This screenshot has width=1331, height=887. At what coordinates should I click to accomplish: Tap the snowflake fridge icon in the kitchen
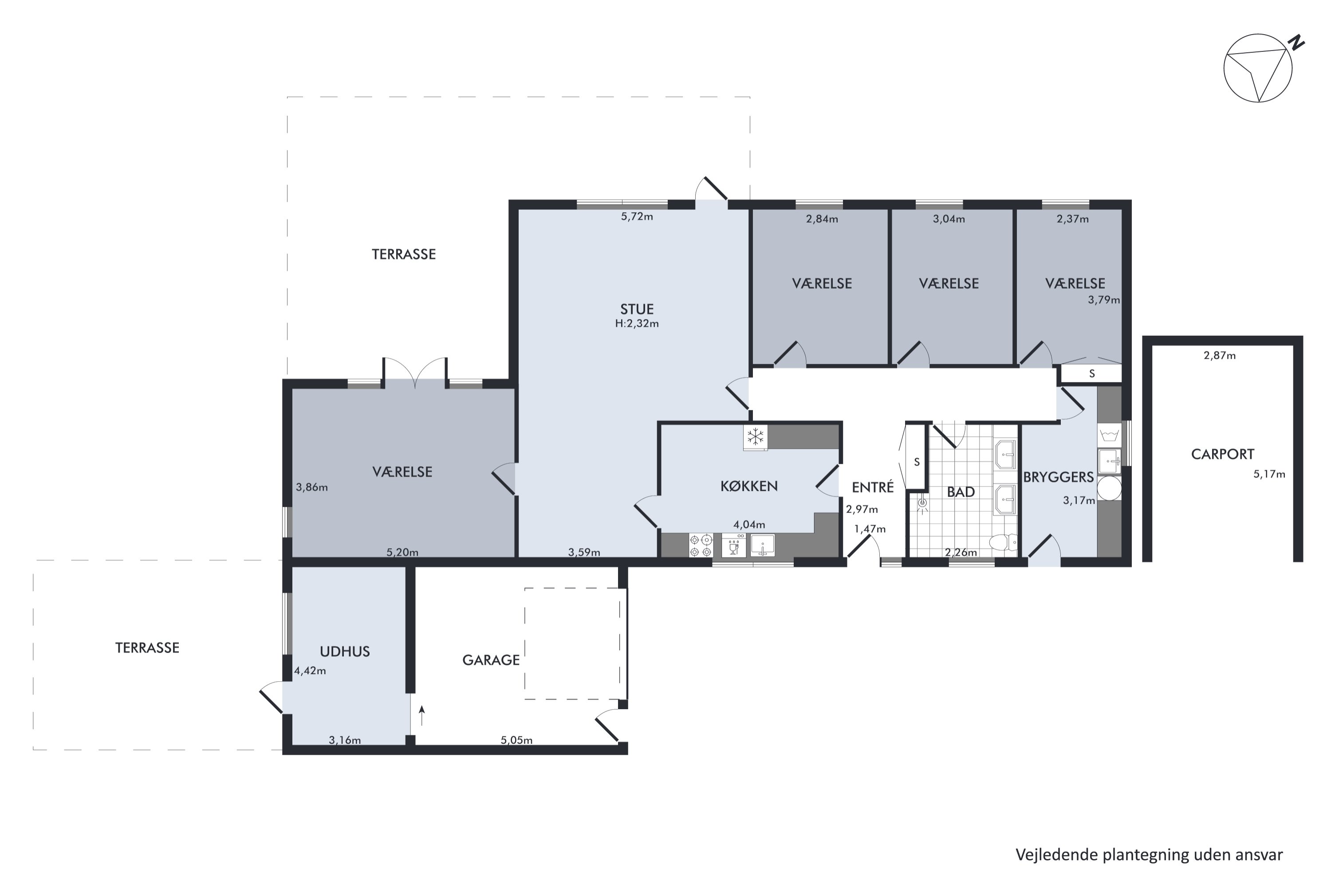pyautogui.click(x=756, y=437)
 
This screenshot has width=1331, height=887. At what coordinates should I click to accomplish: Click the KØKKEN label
pyautogui.click(x=749, y=486)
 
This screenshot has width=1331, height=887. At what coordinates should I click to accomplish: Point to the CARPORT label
pyautogui.click(x=1222, y=454)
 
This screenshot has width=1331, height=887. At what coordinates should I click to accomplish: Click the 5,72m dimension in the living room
pyautogui.click(x=637, y=217)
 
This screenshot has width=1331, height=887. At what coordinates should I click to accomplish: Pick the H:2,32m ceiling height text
pyautogui.click(x=637, y=324)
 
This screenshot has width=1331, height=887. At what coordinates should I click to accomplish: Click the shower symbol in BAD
pyautogui.click(x=922, y=503)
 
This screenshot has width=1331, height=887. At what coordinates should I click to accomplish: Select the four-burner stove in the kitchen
pyautogui.click(x=701, y=546)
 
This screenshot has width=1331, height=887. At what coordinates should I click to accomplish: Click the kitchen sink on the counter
pyautogui.click(x=762, y=546)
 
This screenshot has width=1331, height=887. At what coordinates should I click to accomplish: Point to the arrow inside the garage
pyautogui.click(x=421, y=716)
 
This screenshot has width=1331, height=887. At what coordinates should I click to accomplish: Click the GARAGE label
pyautogui.click(x=491, y=660)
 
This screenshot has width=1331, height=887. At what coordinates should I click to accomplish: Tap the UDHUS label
pyautogui.click(x=345, y=652)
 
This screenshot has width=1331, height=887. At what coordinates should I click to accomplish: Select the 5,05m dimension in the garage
pyautogui.click(x=516, y=740)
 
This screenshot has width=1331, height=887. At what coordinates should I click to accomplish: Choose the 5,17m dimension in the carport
pyautogui.click(x=1269, y=474)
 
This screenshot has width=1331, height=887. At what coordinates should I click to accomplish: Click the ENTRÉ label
pyautogui.click(x=873, y=487)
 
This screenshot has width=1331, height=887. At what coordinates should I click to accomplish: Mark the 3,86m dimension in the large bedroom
pyautogui.click(x=312, y=487)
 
